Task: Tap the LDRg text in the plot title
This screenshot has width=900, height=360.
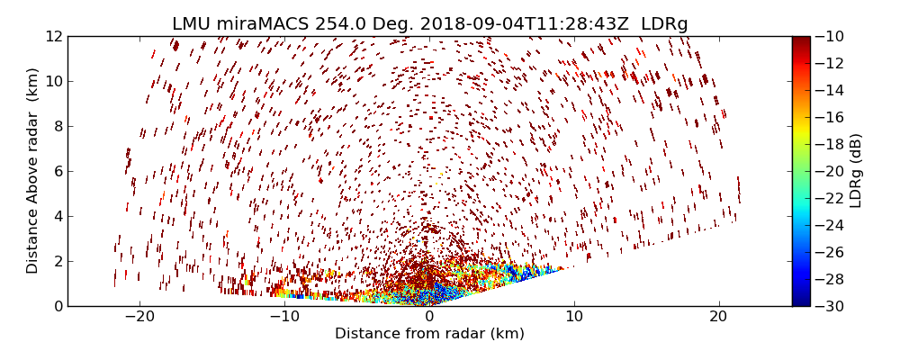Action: point(661,24)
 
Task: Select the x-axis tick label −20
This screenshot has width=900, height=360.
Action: point(139,317)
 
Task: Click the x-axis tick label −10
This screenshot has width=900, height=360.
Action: point(284,317)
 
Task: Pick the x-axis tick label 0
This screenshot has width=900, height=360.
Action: point(429,317)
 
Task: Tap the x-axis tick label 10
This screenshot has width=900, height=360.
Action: point(574,317)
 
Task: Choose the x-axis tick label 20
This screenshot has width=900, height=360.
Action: point(718,317)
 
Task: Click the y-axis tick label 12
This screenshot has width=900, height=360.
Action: point(53,36)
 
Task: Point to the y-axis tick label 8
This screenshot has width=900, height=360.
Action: point(57,126)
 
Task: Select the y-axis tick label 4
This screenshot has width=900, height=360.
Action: point(57,216)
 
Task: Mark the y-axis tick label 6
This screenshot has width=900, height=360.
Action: point(57,171)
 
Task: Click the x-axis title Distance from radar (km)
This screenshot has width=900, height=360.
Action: point(429,334)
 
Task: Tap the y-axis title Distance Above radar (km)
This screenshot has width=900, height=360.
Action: point(33,171)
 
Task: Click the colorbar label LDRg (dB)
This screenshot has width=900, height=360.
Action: point(856,171)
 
